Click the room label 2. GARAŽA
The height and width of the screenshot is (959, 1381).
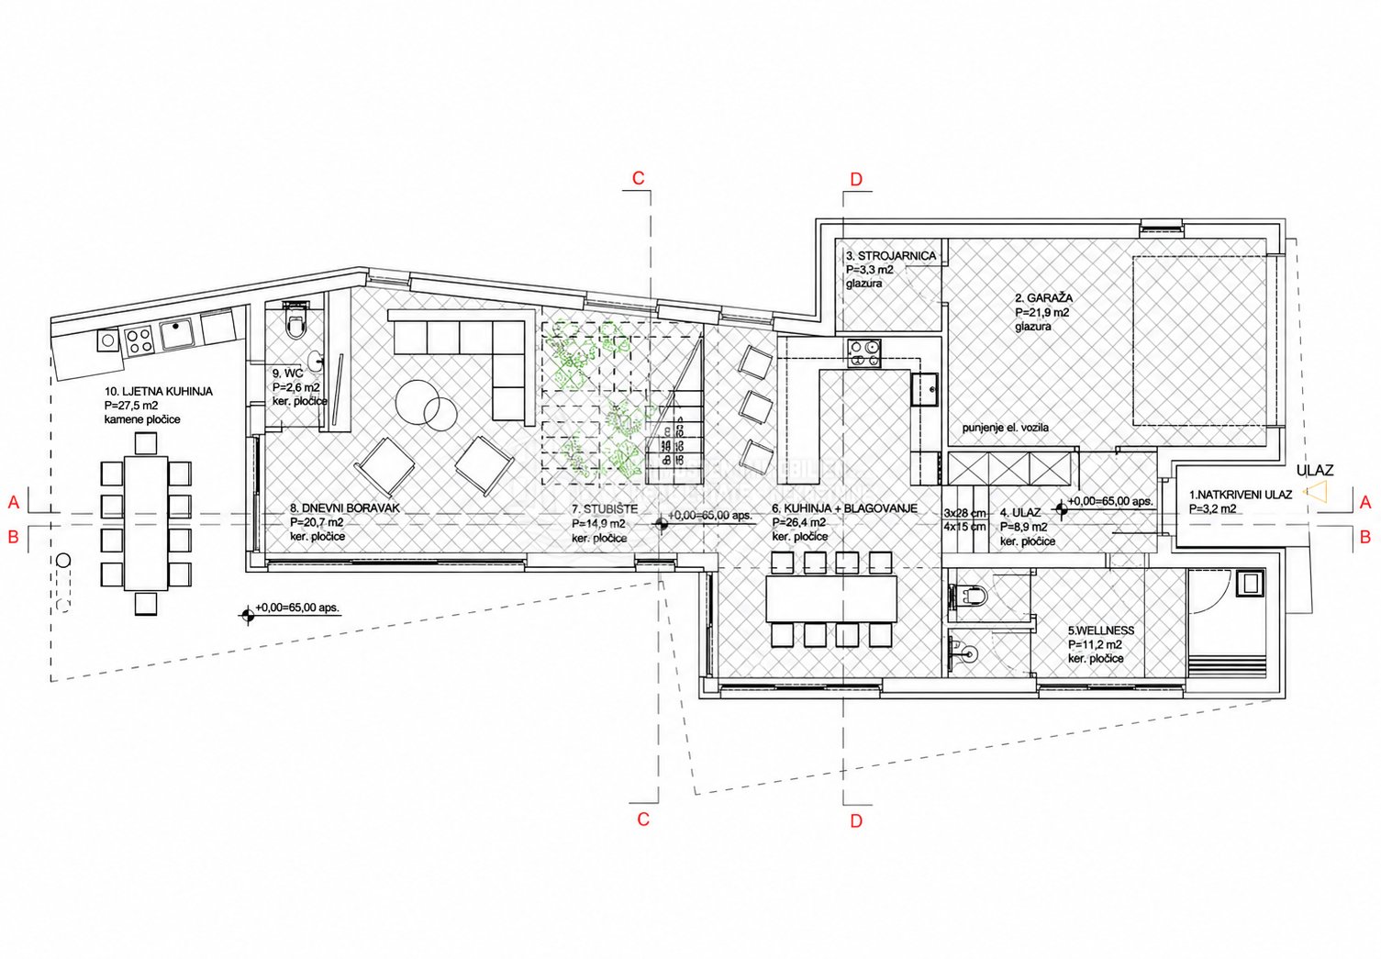pyautogui.click(x=1043, y=298)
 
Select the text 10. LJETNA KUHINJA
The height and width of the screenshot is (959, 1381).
pyautogui.click(x=159, y=392)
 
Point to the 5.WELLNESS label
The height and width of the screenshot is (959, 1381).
pyautogui.click(x=1101, y=630)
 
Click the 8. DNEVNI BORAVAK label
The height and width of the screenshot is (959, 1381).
pyautogui.click(x=345, y=508)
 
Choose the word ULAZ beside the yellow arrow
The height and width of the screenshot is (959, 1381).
pyautogui.click(x=1315, y=471)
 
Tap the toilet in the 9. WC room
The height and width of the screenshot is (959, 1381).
pyautogui.click(x=295, y=321)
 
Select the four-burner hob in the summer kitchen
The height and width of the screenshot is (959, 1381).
pyautogui.click(x=139, y=340)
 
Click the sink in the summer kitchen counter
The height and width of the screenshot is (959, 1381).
pyautogui.click(x=178, y=334)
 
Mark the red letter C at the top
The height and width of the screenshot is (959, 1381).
pyautogui.click(x=638, y=178)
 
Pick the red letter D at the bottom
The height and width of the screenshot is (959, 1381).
pyautogui.click(x=856, y=820)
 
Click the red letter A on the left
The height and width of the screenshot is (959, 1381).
pyautogui.click(x=14, y=503)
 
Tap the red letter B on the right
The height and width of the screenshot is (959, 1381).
pyautogui.click(x=1365, y=537)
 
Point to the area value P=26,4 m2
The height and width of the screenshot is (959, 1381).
pyautogui.click(x=799, y=523)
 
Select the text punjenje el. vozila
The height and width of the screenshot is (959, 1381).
pyautogui.click(x=1006, y=428)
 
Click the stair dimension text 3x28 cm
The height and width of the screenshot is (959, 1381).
pyautogui.click(x=964, y=512)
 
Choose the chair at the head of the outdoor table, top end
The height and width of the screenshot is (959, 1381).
pyautogui.click(x=146, y=443)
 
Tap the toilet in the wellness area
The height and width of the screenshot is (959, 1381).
pyautogui.click(x=969, y=596)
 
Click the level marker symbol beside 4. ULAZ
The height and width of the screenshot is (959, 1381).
pyautogui.click(x=1061, y=508)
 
